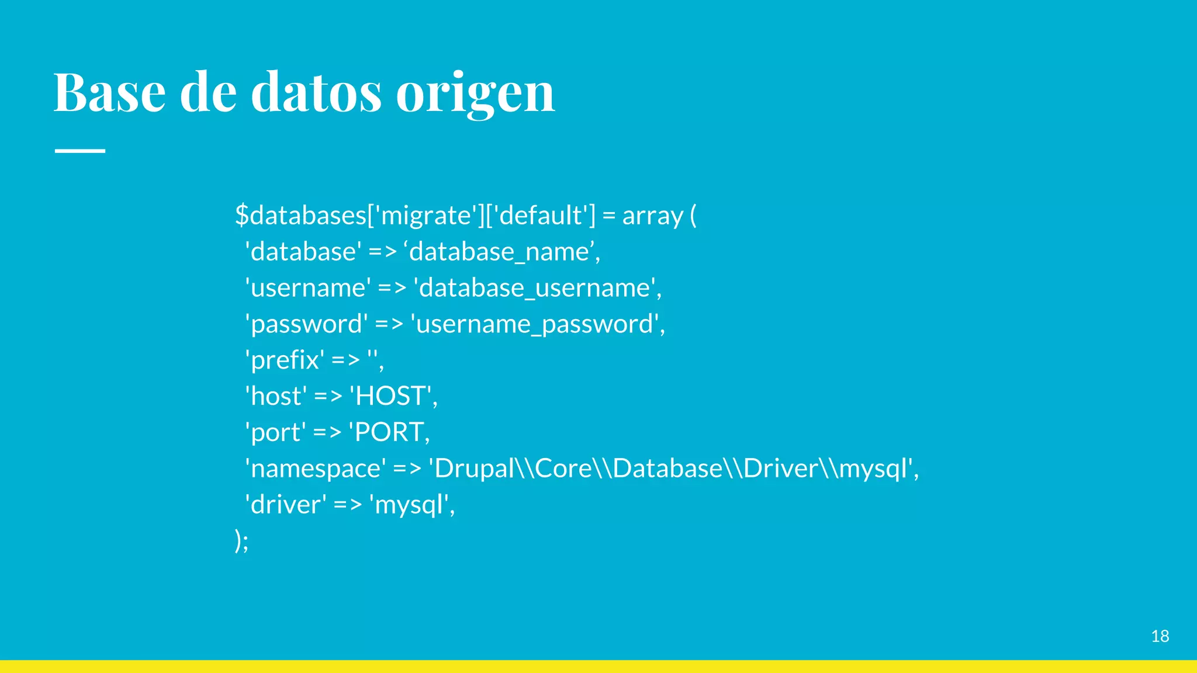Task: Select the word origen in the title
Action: point(475,93)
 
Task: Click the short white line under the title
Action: point(80,151)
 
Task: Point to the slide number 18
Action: point(1160,636)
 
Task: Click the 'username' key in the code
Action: point(308,288)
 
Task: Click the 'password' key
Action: point(306,324)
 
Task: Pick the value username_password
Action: point(534,324)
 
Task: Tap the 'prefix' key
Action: point(285,360)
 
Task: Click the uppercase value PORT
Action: point(389,432)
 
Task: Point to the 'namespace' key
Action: point(316,469)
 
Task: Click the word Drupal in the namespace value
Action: point(474,469)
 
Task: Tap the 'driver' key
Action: point(286,505)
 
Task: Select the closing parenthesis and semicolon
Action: point(241,540)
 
